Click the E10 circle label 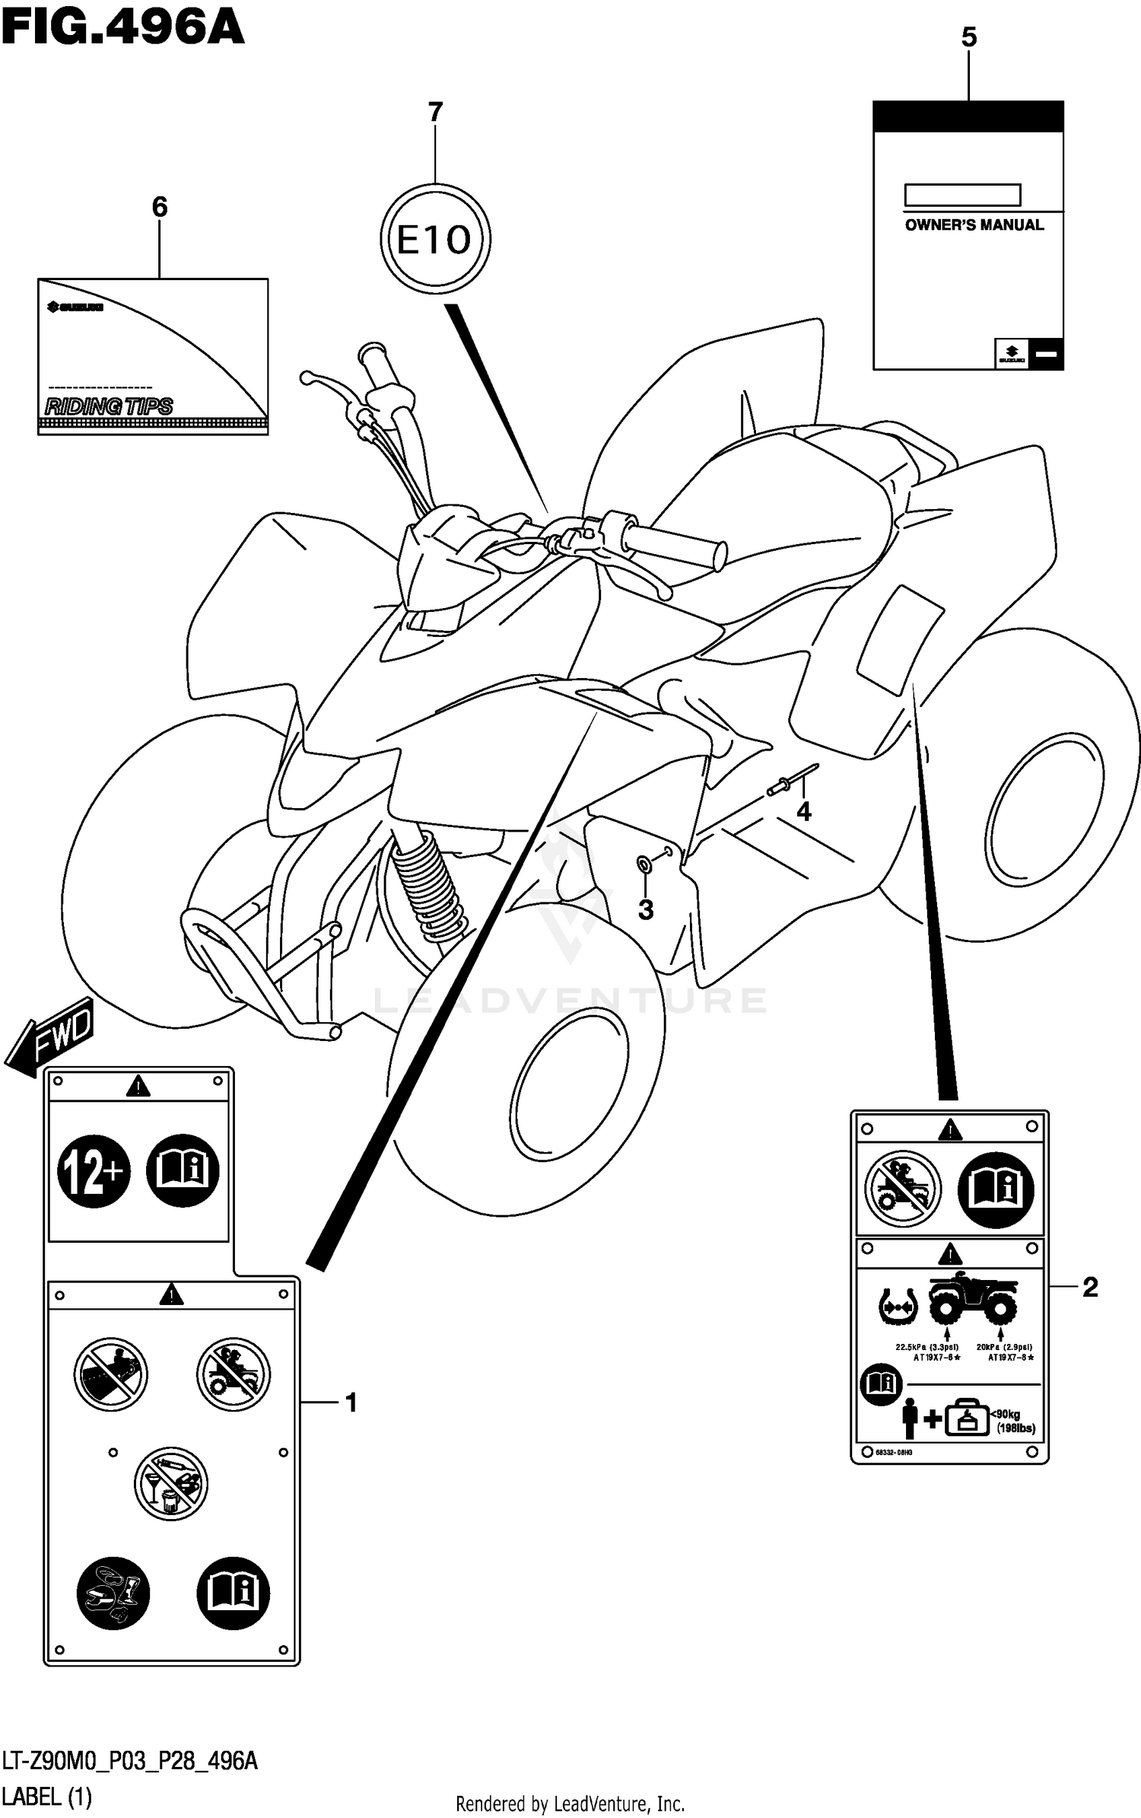tap(435, 240)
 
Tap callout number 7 tap(435, 113)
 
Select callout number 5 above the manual tap(968, 37)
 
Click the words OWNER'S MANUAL tap(974, 225)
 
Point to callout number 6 tap(159, 207)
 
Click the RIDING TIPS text tap(109, 406)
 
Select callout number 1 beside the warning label tap(351, 1403)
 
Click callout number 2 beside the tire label tap(1089, 1288)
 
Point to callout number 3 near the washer tap(645, 909)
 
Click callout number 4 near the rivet tap(803, 812)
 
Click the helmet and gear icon tap(113, 1593)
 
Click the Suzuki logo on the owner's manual tap(1012, 353)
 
